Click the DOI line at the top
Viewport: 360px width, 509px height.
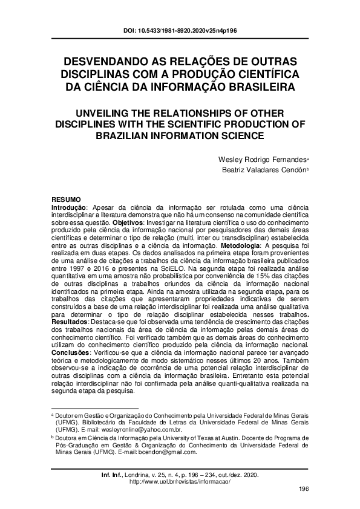click(x=180, y=29)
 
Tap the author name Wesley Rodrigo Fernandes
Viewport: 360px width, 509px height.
click(x=261, y=159)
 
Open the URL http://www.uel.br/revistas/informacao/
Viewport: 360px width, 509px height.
click(x=180, y=481)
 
